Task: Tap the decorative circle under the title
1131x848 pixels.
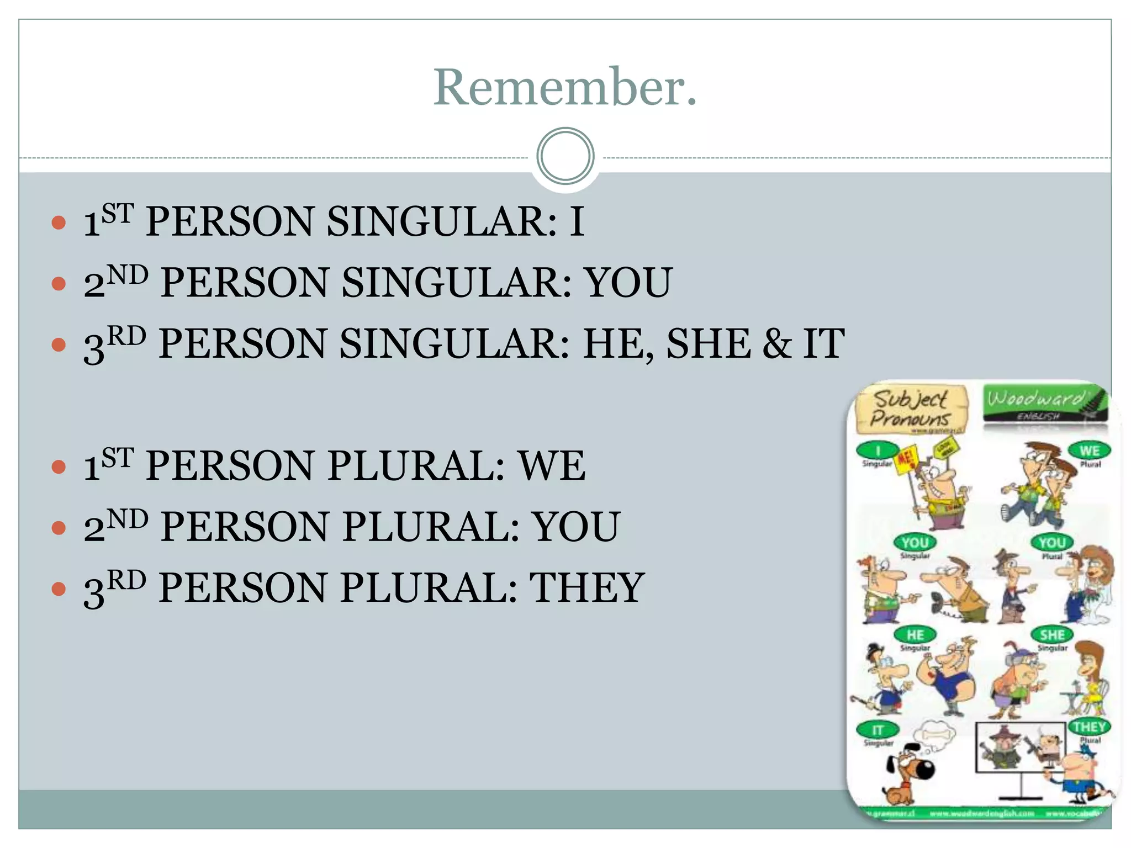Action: pos(565,156)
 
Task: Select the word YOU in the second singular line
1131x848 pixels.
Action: pos(628,283)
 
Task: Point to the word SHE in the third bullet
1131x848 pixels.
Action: pos(709,343)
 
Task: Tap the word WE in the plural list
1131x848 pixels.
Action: pos(552,466)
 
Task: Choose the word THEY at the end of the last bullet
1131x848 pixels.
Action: pos(587,587)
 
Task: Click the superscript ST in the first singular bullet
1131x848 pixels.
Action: pos(118,213)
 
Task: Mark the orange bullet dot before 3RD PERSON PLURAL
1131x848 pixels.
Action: pos(59,589)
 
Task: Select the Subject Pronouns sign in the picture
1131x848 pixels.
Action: pos(911,409)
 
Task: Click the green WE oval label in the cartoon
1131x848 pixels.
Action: pos(1090,451)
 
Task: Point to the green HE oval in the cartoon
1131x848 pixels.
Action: pos(915,635)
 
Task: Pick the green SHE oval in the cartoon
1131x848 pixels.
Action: pos(1052,635)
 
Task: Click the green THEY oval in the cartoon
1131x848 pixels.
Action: pos(1089,727)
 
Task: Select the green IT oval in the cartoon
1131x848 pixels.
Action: pos(878,730)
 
